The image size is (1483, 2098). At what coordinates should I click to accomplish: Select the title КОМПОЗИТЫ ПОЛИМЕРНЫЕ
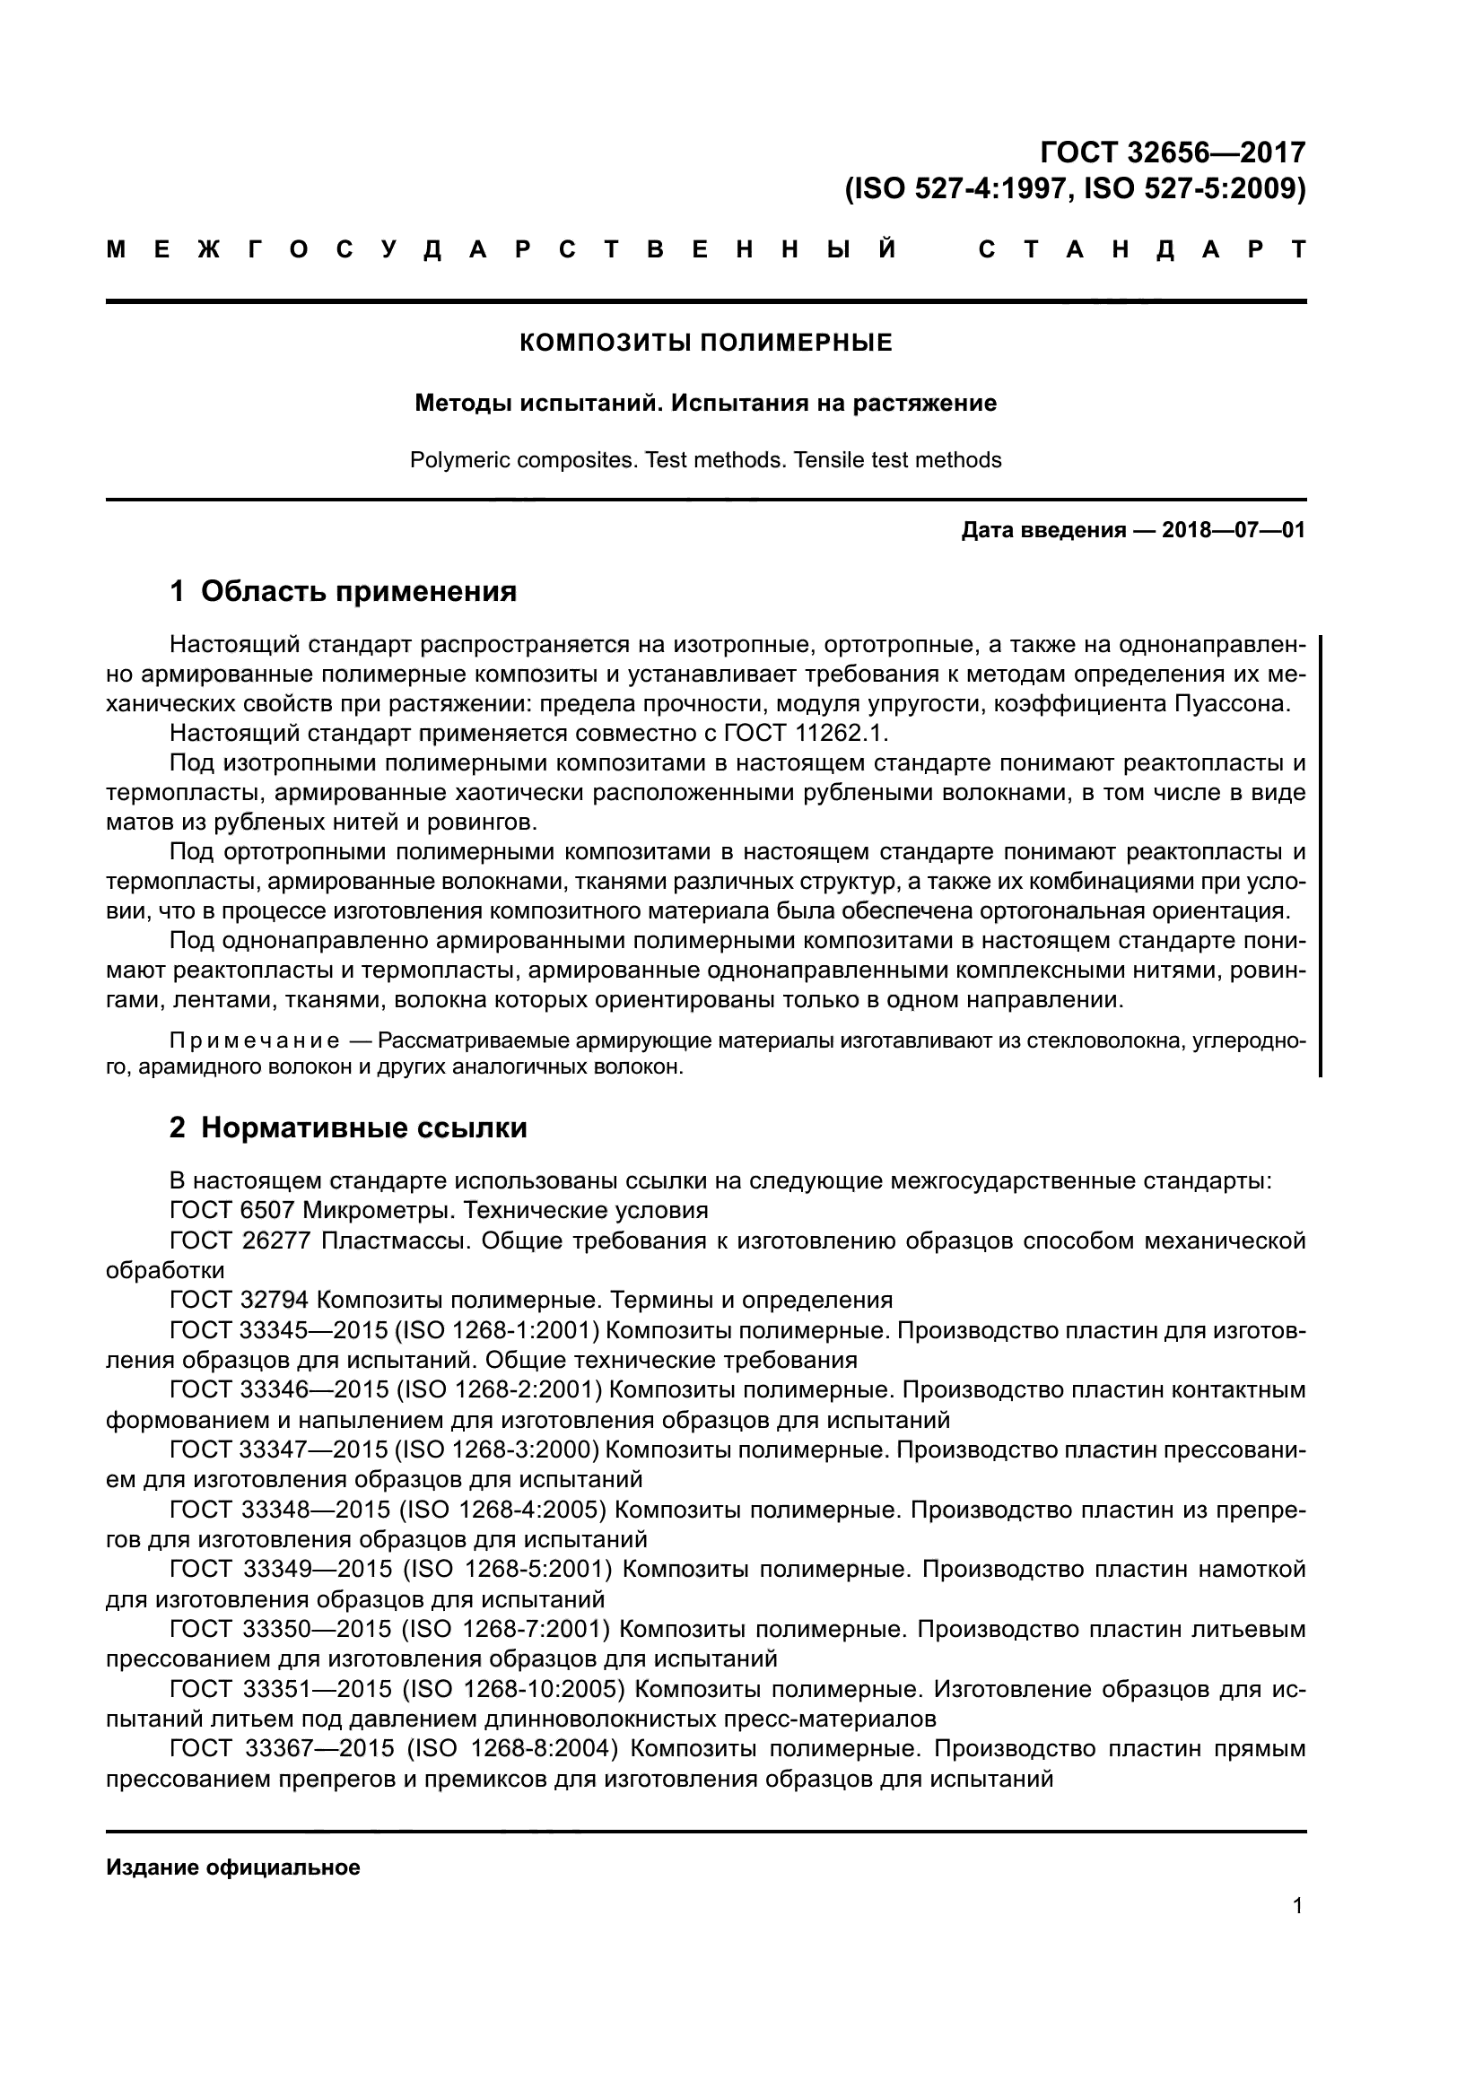tap(705, 343)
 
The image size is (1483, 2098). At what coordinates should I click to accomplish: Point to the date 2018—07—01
tap(1233, 530)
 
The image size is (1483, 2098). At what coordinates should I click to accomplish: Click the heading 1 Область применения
tap(343, 591)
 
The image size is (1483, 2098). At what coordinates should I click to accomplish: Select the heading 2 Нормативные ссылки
tap(348, 1127)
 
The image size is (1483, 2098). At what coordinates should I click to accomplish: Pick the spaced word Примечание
tap(255, 1040)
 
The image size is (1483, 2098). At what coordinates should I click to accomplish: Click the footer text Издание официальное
tap(233, 1867)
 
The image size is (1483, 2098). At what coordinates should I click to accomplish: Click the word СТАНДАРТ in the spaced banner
tap(1141, 249)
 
